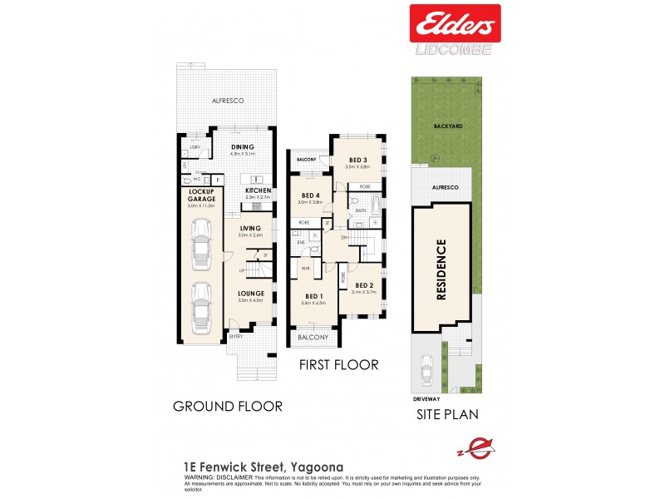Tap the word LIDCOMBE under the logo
point(454,49)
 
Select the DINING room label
point(242,147)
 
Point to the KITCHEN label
point(258,190)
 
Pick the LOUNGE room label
point(250,294)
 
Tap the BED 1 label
point(313,297)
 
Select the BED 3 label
point(358,161)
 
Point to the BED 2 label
point(364,285)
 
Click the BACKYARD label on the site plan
point(447,126)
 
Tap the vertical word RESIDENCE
point(441,269)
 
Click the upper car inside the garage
point(201,245)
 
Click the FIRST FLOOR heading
point(339,364)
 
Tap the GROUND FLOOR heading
point(227,406)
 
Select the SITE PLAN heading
point(447,413)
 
